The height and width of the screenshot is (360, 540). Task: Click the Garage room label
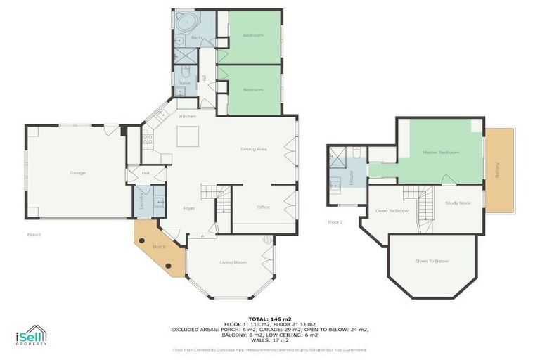pos(77,172)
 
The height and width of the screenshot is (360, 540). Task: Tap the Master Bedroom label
pos(441,153)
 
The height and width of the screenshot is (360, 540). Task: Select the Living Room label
pos(233,262)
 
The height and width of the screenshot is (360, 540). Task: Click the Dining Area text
pos(254,149)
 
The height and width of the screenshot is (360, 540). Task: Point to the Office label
pos(264,207)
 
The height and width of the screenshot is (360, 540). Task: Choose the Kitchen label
pos(187,116)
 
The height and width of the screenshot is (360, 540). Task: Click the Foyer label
pos(189,208)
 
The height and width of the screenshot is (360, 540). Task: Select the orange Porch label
pos(160,247)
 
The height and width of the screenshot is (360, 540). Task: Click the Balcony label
pos(498,169)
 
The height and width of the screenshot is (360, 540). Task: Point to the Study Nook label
pos(458,203)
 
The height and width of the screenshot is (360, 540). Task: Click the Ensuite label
pos(350,176)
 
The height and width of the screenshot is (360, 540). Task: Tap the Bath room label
pos(196,37)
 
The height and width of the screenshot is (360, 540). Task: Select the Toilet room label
pos(184,83)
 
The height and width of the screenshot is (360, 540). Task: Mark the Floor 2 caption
pos(335,222)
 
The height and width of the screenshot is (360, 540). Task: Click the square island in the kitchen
pos(188,136)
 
